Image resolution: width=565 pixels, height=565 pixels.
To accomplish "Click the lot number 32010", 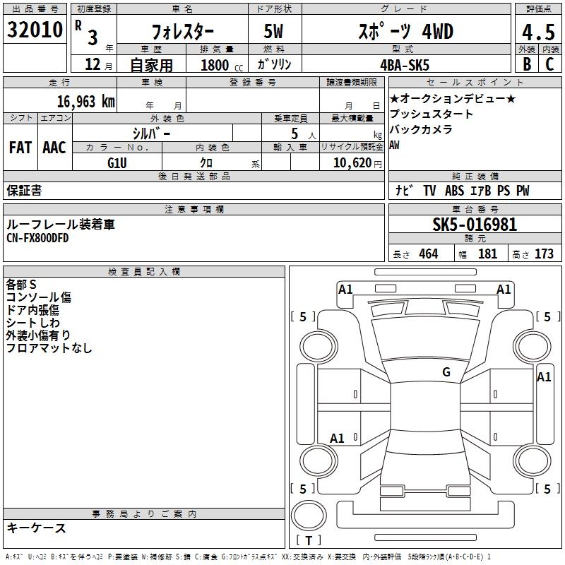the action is pos(35,30).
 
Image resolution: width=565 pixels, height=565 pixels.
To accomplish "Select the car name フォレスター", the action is pos(183,32).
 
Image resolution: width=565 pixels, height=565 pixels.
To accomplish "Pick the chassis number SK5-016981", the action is pos(475,225).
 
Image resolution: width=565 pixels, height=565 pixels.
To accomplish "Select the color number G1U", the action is pos(117,162).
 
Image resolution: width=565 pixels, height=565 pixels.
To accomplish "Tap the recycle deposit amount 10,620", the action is pos(350,162).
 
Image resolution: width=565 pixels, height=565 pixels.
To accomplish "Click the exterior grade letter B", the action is pos(526,64).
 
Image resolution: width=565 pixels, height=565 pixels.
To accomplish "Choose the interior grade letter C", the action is pos(550,64).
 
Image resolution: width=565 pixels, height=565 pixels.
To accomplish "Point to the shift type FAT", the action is pos(20,148).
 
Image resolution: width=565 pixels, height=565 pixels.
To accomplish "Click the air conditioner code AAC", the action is pos(54,148).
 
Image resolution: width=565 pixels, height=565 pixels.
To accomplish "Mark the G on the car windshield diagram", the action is pos(446,372).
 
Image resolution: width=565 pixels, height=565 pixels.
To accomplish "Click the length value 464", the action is pos(428,254).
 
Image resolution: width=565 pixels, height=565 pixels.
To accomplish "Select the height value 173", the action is pos(544,254).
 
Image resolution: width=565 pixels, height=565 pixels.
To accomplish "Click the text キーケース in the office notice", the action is pos(36,528).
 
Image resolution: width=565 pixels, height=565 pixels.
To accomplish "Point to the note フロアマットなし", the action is pos(49,348).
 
